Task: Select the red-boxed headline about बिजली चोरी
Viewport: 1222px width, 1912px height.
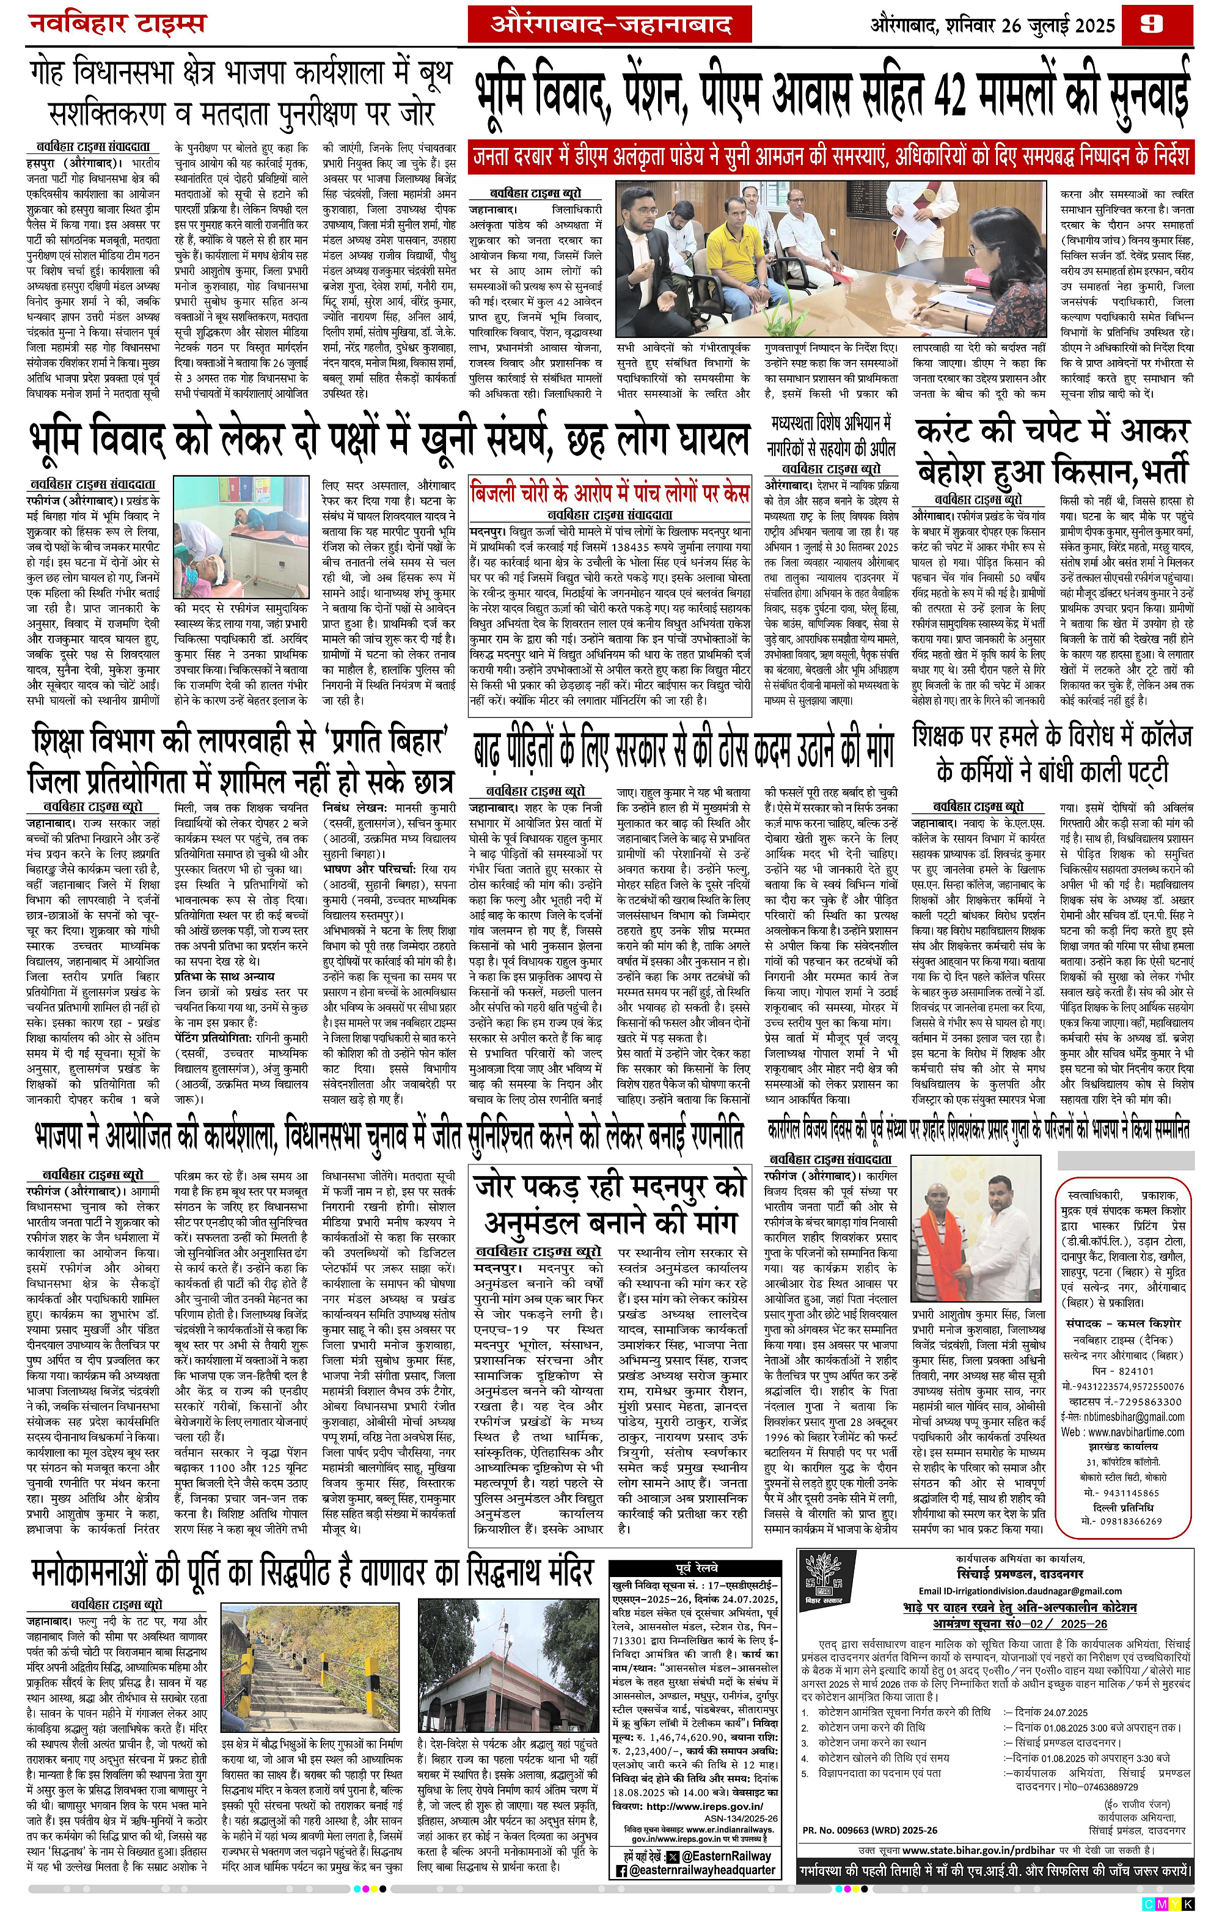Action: tap(609, 491)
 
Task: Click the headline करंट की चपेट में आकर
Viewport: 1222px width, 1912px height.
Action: tap(1052, 433)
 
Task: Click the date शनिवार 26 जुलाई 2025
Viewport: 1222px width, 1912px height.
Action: tap(1030, 26)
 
